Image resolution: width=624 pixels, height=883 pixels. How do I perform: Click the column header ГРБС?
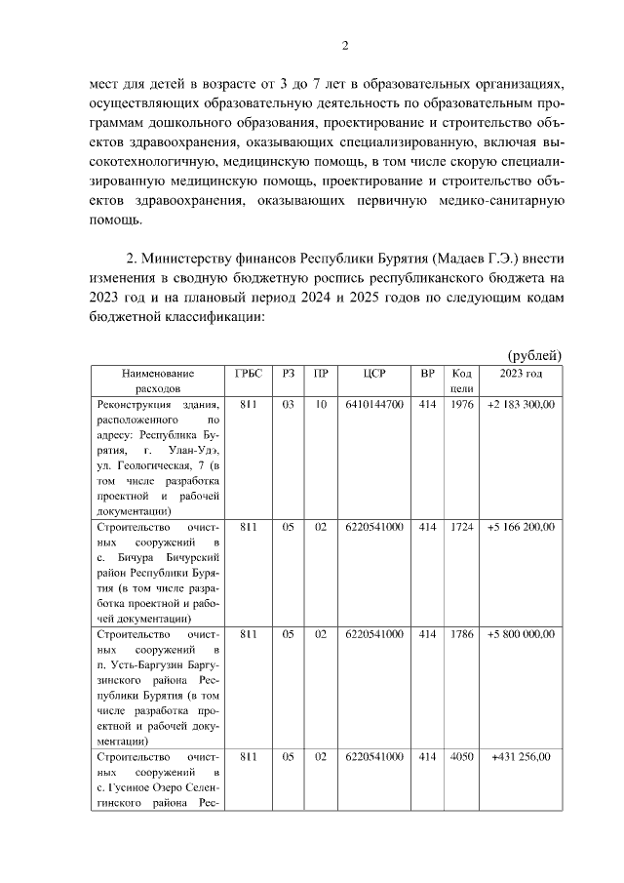pos(249,374)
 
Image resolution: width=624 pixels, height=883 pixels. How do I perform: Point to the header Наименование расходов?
pos(158,381)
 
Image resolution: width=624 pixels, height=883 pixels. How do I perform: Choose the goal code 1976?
pos(462,405)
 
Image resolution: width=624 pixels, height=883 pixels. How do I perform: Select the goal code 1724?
pos(462,528)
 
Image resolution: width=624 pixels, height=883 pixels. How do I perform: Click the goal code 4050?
pos(462,757)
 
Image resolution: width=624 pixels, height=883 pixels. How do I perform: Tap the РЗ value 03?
pos(288,405)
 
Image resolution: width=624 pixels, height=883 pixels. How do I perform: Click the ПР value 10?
pos(321,405)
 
